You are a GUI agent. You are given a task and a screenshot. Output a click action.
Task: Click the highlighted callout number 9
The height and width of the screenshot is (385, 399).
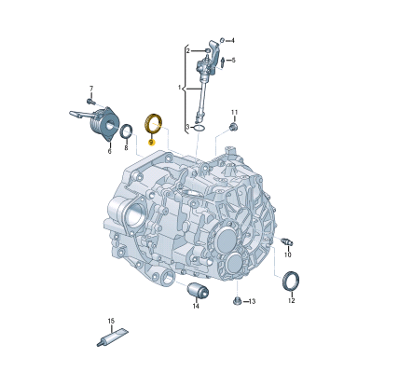click(x=151, y=143)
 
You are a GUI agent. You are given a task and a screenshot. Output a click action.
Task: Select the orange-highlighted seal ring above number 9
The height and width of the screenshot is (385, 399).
click(x=146, y=123)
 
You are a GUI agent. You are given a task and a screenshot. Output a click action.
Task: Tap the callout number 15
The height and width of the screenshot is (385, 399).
click(x=111, y=321)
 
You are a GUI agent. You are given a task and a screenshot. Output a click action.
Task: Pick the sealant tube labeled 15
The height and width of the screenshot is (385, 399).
click(x=112, y=337)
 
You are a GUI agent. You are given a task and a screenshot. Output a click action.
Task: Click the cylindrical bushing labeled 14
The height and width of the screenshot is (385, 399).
click(x=198, y=291)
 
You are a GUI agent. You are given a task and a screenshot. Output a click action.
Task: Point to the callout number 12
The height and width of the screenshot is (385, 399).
click(x=291, y=300)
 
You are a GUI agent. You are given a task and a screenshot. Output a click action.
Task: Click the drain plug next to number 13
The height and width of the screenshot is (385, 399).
click(x=237, y=300)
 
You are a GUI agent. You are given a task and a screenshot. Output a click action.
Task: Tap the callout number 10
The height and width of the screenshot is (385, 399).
click(x=288, y=254)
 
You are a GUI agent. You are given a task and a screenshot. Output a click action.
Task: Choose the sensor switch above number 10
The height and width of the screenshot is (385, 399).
click(x=286, y=242)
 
